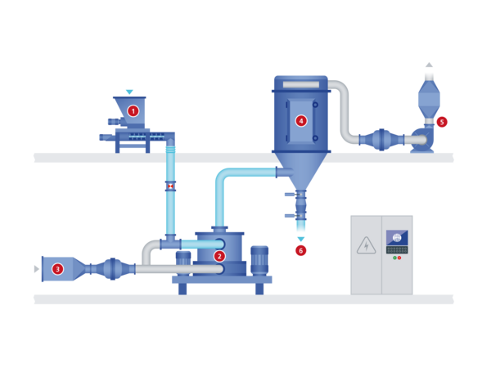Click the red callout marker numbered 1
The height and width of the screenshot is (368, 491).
click(x=133, y=111)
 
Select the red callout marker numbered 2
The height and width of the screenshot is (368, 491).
click(x=219, y=256)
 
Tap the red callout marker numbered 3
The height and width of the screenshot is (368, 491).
click(x=57, y=269)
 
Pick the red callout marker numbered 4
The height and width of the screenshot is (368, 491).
click(x=301, y=121)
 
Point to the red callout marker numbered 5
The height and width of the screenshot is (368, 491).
click(x=442, y=122)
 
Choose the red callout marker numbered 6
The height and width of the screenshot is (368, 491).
click(x=301, y=250)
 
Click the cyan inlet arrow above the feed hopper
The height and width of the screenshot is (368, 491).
click(x=129, y=92)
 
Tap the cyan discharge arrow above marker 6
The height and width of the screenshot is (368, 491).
click(x=301, y=240)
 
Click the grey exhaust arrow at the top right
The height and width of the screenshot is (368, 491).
click(x=429, y=65)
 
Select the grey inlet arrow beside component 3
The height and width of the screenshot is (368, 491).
click(x=36, y=269)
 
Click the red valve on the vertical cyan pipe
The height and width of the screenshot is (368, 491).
click(x=170, y=186)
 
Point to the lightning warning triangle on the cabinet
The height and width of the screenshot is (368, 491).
click(x=366, y=246)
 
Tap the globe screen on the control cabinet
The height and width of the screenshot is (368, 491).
click(x=397, y=238)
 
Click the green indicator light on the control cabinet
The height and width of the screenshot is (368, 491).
click(x=394, y=258)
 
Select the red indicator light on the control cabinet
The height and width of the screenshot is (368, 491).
click(x=399, y=258)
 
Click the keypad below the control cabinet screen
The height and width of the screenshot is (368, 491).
click(x=397, y=249)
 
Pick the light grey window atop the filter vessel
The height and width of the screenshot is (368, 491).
click(x=301, y=84)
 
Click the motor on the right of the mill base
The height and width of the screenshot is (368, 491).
click(x=259, y=261)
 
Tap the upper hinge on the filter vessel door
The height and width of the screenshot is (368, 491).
click(x=315, y=105)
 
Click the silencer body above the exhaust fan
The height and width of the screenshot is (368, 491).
click(x=429, y=99)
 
